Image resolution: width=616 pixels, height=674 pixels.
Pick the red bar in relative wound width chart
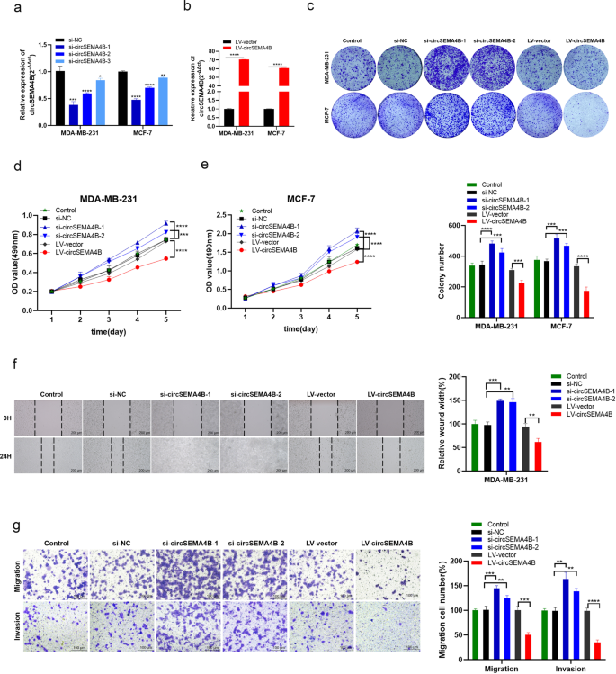coord(538,456)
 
